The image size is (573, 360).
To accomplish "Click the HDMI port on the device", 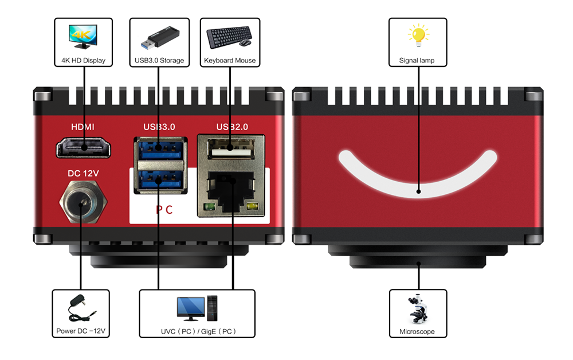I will (x=84, y=148).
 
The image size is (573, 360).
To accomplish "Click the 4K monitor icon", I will (x=84, y=36).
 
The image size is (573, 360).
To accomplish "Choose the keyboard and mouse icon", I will (x=229, y=38).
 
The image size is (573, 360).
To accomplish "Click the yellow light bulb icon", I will (x=418, y=36).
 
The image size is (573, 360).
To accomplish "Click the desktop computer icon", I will (x=197, y=309).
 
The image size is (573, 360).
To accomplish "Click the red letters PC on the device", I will (x=164, y=209).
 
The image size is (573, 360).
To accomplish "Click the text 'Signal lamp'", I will (x=417, y=60).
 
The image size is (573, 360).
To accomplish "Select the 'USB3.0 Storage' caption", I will (x=159, y=60).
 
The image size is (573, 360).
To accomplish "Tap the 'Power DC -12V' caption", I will (x=81, y=331).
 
